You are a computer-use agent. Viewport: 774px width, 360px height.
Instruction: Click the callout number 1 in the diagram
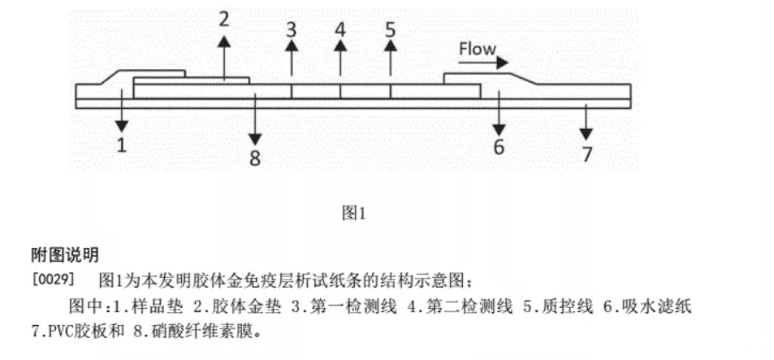click(121, 145)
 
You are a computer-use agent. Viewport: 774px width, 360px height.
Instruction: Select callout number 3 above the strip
click(292, 30)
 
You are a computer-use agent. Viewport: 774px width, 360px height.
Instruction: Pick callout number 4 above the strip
click(340, 30)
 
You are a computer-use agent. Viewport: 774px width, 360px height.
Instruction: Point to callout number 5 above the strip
click(391, 30)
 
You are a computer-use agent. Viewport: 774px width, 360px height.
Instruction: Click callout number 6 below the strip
click(499, 146)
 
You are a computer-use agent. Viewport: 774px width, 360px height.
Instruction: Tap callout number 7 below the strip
click(587, 154)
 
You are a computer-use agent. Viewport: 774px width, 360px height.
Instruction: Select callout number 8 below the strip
click(255, 158)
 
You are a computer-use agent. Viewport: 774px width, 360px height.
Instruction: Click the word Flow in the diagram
click(477, 49)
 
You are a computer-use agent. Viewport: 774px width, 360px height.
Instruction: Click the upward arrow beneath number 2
click(225, 57)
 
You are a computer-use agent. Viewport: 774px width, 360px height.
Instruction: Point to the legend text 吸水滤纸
click(665, 308)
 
